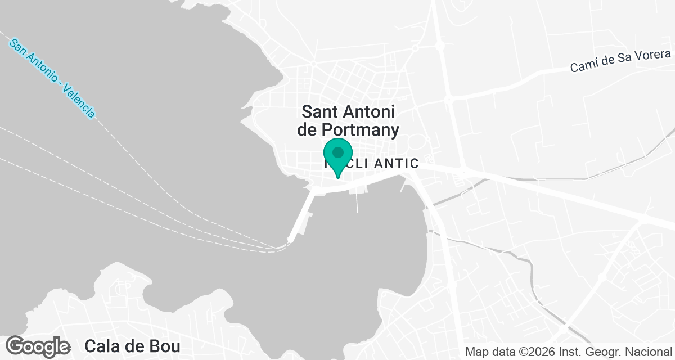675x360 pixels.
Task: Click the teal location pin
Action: [338, 157]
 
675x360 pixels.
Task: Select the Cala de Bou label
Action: [132, 345]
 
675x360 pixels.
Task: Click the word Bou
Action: [166, 345]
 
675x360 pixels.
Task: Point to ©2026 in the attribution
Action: [538, 352]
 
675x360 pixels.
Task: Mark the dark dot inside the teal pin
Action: [338, 152]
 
